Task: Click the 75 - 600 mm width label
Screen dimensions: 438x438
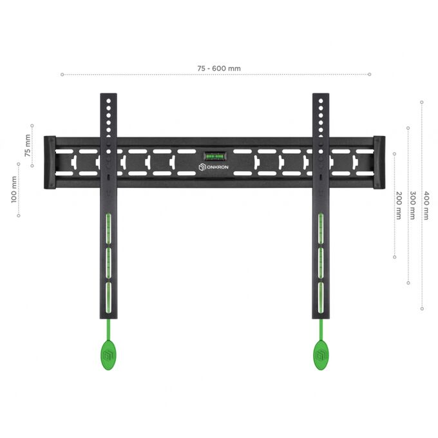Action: pyautogui.click(x=219, y=68)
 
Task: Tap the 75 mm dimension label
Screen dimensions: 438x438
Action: pyautogui.click(x=27, y=146)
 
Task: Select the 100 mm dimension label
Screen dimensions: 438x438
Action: pyautogui.click(x=14, y=189)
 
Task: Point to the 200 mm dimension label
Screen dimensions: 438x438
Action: pyautogui.click(x=399, y=205)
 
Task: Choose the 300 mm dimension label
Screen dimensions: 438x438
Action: pyautogui.click(x=413, y=205)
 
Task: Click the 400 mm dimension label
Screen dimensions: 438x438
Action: pyautogui.click(x=426, y=205)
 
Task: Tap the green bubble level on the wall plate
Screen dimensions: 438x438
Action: pyautogui.click(x=214, y=156)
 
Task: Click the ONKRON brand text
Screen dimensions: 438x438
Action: pyautogui.click(x=218, y=167)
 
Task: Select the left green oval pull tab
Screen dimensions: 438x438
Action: pyautogui.click(x=108, y=355)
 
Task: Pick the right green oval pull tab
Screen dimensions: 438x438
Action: pyautogui.click(x=321, y=355)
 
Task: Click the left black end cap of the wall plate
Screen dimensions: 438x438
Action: pyautogui.click(x=50, y=162)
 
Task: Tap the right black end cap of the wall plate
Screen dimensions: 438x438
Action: pyautogui.click(x=379, y=162)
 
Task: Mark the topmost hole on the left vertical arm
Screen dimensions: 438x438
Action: pyautogui.click(x=109, y=101)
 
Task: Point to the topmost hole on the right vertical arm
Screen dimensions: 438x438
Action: pyautogui.click(x=321, y=101)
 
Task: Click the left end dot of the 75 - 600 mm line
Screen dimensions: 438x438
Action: pyautogui.click(x=62, y=74)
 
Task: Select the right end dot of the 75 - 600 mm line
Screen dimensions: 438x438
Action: pyautogui.click(x=370, y=74)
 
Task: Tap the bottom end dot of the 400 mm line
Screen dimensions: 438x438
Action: pyautogui.click(x=422, y=309)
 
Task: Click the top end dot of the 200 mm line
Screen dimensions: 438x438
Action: pyautogui.click(x=394, y=154)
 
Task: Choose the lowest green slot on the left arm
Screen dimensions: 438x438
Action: pyautogui.click(x=108, y=298)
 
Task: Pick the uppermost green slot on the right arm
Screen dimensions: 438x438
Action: pyautogui.click(x=321, y=229)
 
